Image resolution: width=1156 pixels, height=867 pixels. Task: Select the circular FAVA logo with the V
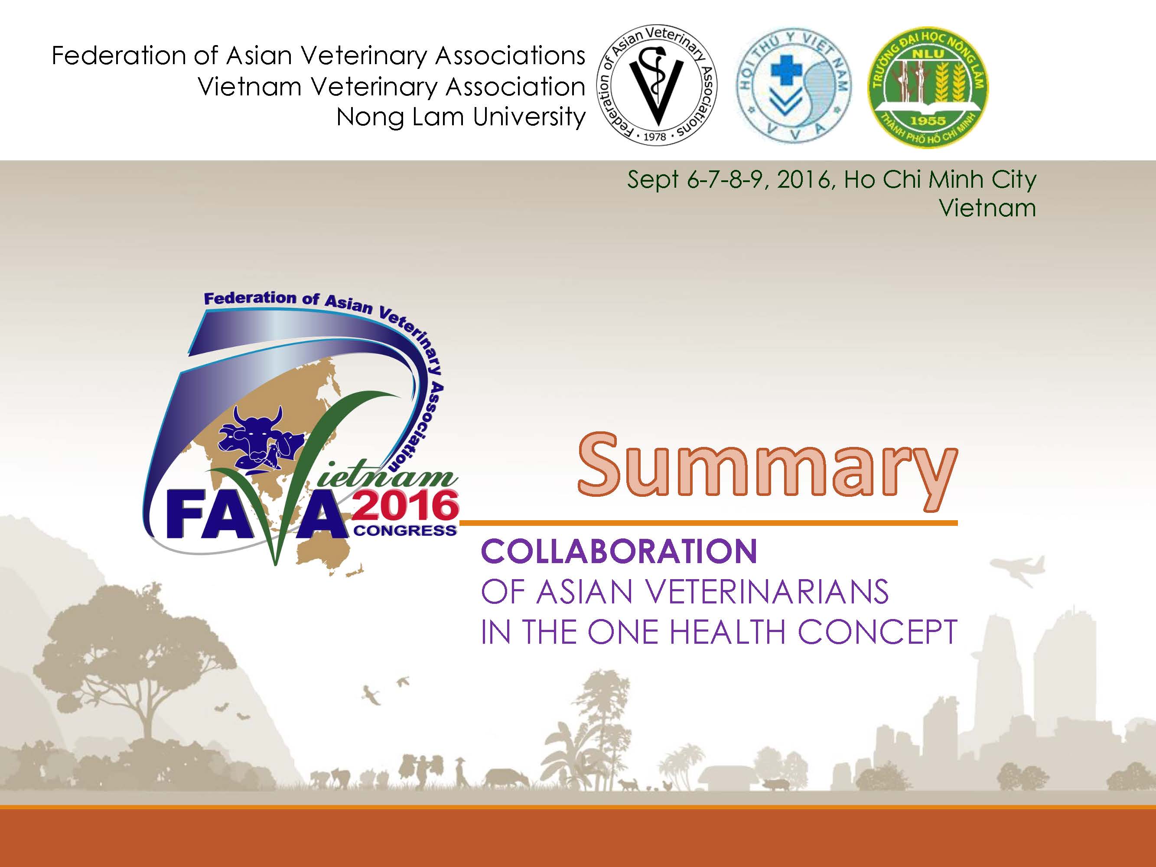pos(657,85)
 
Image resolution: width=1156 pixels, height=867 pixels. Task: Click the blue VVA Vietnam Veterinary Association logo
pos(793,85)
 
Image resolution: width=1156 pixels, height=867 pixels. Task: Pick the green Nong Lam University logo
pos(928,87)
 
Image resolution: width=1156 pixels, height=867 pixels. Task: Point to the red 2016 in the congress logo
pos(406,505)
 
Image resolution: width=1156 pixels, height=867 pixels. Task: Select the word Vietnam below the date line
pos(987,208)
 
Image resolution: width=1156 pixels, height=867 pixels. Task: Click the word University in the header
pos(529,117)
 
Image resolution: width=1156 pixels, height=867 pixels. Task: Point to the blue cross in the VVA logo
pos(785,71)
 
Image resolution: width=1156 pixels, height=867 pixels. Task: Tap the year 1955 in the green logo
pos(928,121)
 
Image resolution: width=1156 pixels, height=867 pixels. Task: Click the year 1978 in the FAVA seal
pos(655,137)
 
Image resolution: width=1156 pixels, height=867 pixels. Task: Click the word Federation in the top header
pos(119,55)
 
